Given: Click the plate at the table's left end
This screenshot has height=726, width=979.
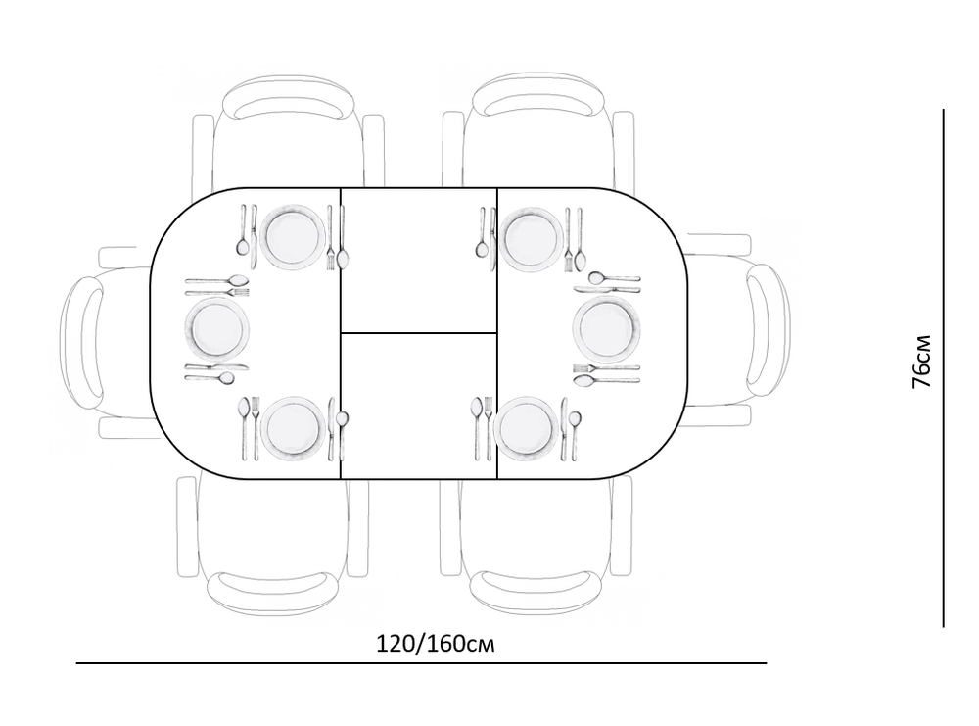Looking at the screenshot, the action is [x=216, y=328].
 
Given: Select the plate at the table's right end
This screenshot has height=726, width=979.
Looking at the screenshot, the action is [x=606, y=328].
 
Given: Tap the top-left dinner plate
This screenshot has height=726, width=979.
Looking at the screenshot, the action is [x=293, y=237].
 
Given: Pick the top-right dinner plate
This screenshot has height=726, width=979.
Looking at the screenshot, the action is [x=531, y=240].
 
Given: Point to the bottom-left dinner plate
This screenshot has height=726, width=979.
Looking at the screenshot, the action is [x=293, y=428].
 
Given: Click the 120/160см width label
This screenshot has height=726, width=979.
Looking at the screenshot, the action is [x=436, y=644].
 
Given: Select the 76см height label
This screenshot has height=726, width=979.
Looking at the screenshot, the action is [x=921, y=362].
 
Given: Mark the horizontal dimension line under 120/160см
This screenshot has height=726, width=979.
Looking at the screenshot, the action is [x=421, y=663].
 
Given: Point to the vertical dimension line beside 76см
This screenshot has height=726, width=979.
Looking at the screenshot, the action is [x=944, y=368].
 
